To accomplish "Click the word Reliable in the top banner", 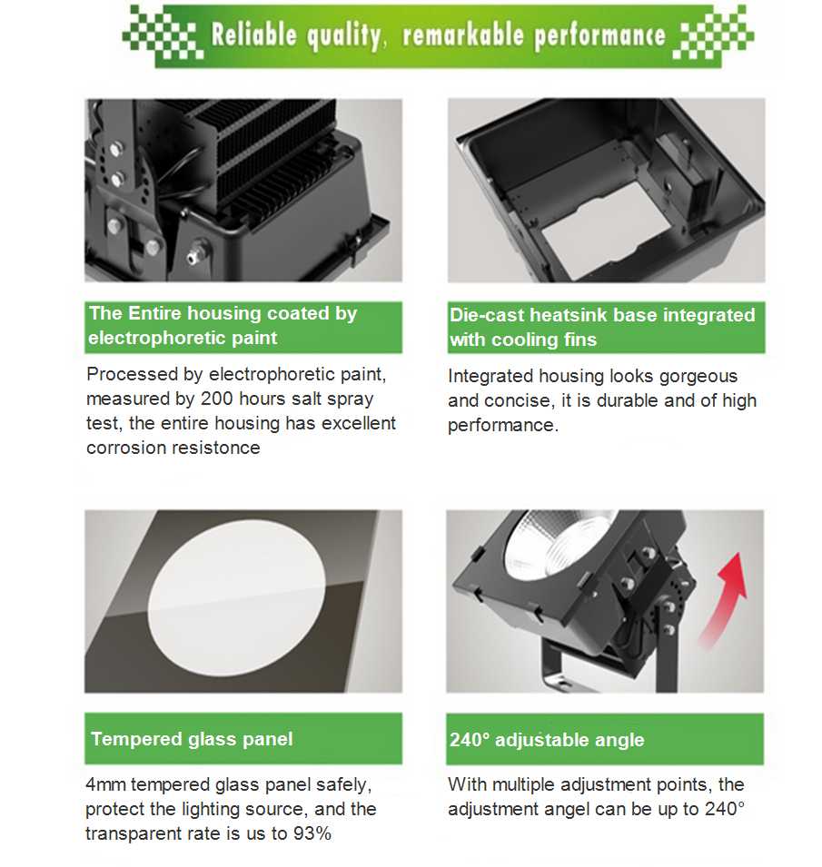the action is click(254, 34).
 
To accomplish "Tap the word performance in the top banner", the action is click(599, 36).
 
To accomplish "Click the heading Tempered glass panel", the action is click(192, 739).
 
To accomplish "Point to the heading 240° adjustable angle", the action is click(547, 740).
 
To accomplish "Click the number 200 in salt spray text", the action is click(218, 399).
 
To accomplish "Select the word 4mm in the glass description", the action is click(105, 784).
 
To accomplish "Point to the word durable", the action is click(627, 400).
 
